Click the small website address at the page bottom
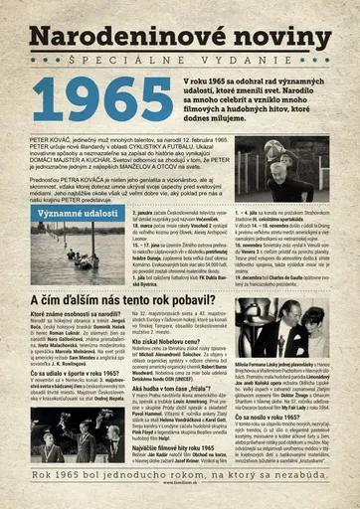[x=180, y=504]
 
